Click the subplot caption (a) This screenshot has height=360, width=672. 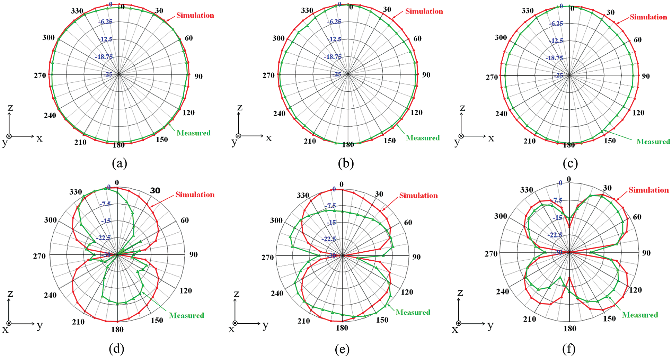tap(120, 163)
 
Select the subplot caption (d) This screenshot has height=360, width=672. tap(116, 349)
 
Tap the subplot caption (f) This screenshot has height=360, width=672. tap(569, 349)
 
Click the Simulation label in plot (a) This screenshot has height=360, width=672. tap(195, 15)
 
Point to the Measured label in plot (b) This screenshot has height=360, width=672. tap(423, 138)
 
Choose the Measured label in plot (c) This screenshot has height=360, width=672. tap(653, 142)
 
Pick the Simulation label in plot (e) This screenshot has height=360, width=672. tap(418, 196)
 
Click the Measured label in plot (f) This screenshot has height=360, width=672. tap(640, 315)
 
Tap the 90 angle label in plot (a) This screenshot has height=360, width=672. tap(198, 76)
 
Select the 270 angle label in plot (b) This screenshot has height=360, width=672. tap(268, 75)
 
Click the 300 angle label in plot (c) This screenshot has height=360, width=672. tap(501, 37)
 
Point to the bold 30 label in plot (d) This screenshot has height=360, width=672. tap(155, 190)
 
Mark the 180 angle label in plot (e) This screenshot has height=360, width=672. tap(342, 328)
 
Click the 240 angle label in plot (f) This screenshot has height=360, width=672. tap(502, 291)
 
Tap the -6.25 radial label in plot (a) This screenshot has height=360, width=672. tap(105, 21)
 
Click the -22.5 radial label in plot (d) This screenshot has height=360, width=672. tap(103, 238)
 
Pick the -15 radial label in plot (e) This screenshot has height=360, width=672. tap(331, 222)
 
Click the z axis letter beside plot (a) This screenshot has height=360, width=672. tap(10, 108)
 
